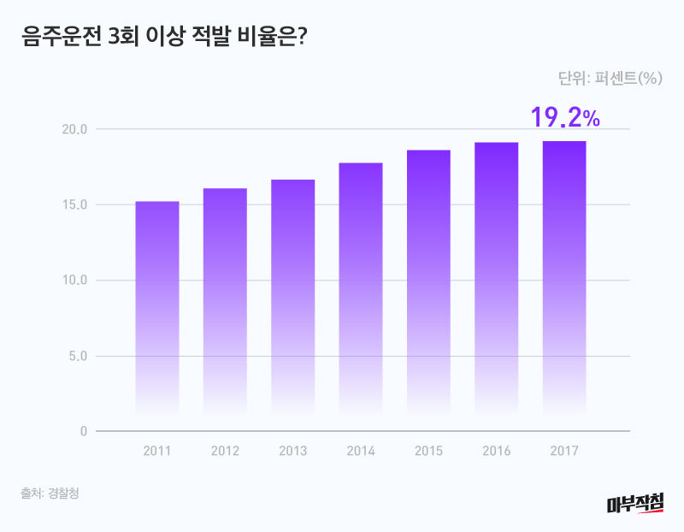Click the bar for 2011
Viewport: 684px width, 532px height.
[157, 308]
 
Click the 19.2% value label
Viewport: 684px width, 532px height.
[565, 117]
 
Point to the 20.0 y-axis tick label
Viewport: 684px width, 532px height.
[74, 129]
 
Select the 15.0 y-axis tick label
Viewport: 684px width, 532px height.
[74, 204]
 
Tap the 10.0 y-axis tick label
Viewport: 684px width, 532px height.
[74, 280]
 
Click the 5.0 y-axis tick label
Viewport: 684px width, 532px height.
[77, 356]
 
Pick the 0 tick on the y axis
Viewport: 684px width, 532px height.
[84, 431]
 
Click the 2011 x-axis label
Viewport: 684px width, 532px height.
[157, 451]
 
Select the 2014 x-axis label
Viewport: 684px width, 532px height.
[361, 451]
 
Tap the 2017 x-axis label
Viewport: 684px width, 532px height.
[564, 451]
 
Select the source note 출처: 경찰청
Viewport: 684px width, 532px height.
[50, 494]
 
